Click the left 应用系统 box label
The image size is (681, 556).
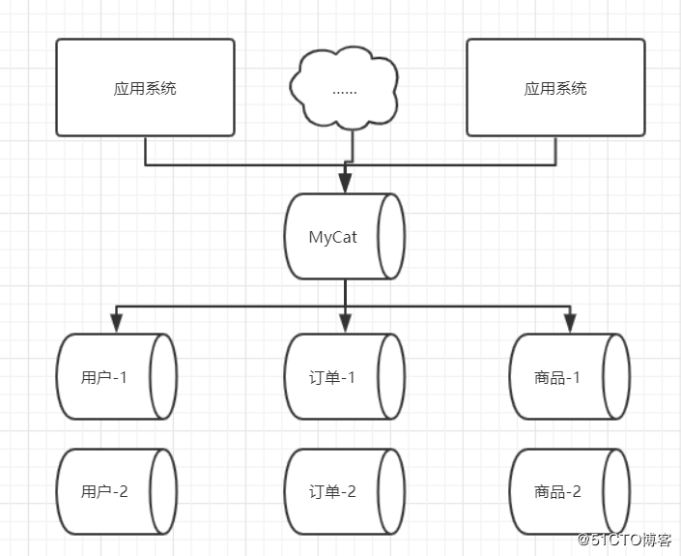point(145,88)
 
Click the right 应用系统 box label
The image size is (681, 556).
point(555,88)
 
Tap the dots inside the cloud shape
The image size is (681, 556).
point(345,93)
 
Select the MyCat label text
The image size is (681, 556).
point(332,237)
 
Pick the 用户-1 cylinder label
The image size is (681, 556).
point(103,377)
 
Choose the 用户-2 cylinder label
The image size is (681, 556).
point(104,491)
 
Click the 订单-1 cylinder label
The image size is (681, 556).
point(332,377)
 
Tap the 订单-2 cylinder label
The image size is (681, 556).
point(332,491)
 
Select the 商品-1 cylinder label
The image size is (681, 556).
point(557,377)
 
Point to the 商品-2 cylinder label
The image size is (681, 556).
point(557,491)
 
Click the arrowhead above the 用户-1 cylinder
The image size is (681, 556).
point(116,323)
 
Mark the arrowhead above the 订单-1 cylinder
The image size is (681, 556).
point(345,323)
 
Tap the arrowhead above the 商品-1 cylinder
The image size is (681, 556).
point(570,323)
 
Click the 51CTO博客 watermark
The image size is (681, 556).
point(625,540)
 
